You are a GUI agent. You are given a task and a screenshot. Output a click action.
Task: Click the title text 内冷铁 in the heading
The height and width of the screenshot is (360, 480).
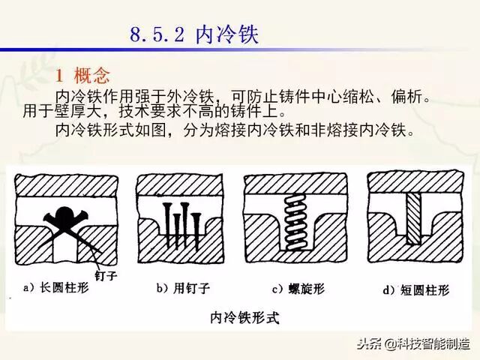pos(227,34)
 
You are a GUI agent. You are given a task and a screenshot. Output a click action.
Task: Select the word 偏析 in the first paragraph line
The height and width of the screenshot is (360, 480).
pos(406,97)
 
